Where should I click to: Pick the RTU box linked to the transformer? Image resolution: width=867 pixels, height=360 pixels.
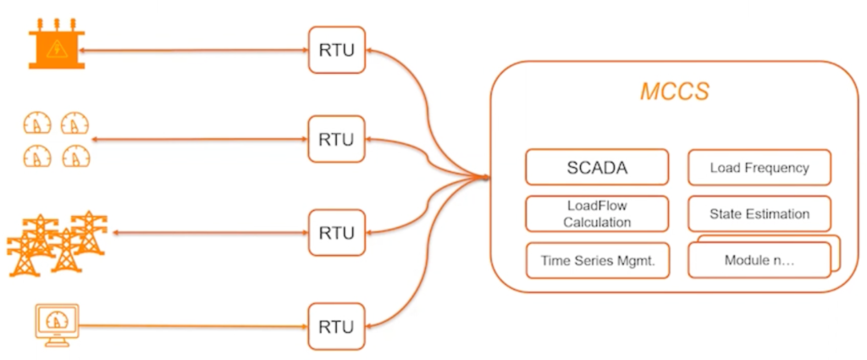[x=336, y=52]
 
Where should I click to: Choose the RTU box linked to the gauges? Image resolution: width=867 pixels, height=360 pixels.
[x=336, y=138]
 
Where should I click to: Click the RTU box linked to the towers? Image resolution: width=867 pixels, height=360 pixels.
[x=336, y=232]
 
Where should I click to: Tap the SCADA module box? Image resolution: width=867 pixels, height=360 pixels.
[x=597, y=167]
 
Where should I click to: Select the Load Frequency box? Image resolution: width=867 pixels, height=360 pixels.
[x=759, y=167]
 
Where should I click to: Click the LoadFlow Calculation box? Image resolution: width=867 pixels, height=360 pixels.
[x=597, y=213]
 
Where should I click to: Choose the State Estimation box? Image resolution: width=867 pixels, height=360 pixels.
[x=759, y=213]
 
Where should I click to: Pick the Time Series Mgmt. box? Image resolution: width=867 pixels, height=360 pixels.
[x=597, y=260]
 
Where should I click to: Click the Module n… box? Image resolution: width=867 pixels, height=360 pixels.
[x=759, y=260]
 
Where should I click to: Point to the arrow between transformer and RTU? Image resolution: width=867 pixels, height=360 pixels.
[x=195, y=52]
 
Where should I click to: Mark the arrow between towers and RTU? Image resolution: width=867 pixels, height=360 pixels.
[x=207, y=232]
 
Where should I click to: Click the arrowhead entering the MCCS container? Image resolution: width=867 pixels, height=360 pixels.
[x=486, y=177]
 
